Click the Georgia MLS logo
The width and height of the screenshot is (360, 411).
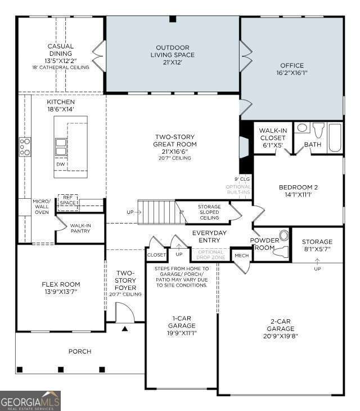30,400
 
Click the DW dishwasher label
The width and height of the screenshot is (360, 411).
60,164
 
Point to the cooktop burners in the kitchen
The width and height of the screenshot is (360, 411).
25,146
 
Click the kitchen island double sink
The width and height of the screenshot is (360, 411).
61,146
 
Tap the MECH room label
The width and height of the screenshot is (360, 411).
242,256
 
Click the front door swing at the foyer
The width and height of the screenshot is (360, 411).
123,311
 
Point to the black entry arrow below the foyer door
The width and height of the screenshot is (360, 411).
124,328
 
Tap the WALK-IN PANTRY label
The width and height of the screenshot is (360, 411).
80,228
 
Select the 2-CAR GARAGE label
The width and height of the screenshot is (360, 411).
281,328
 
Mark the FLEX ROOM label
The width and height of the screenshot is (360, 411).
61,288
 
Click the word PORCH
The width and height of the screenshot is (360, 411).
80,351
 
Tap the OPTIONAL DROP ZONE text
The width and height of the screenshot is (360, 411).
210,254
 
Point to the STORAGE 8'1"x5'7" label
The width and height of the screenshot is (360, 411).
317,245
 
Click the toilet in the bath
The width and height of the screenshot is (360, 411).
318,129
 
